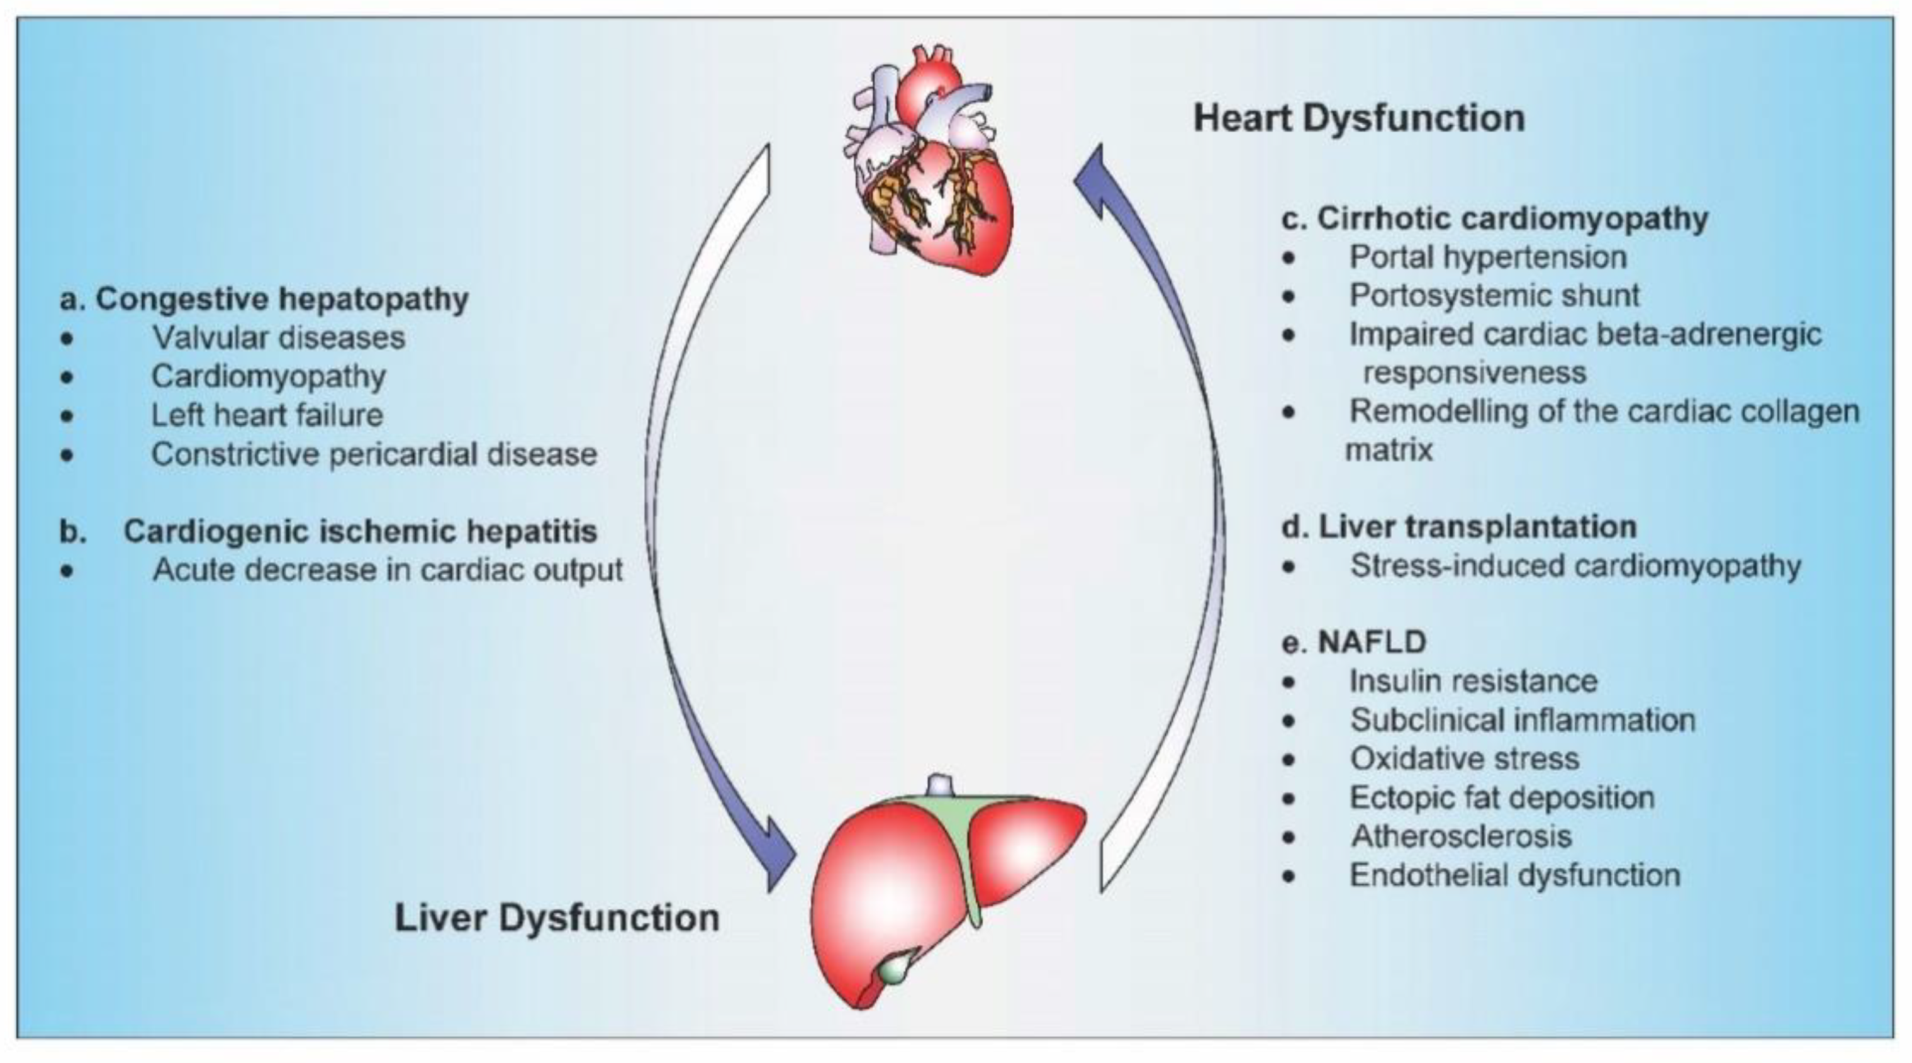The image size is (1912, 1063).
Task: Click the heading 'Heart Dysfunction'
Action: pos(1358,119)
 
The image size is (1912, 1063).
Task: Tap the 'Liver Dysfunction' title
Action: pos(557,918)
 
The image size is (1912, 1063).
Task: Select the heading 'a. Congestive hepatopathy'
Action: pos(264,299)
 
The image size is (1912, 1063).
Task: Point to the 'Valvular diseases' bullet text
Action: pos(278,338)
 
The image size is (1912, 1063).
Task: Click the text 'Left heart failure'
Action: pos(267,415)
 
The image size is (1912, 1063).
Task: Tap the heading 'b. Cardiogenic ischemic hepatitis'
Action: pos(329,531)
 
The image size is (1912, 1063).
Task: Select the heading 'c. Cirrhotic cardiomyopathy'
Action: pos(1495,218)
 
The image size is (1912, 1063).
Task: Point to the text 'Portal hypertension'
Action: pos(1487,257)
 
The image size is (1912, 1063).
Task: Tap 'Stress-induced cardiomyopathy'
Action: pos(1575,566)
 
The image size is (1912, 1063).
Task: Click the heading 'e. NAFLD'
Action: pos(1354,642)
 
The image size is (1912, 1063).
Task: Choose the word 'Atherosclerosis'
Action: pos(1462,836)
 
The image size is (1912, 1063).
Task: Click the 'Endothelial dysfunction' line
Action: pos(1515,875)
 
